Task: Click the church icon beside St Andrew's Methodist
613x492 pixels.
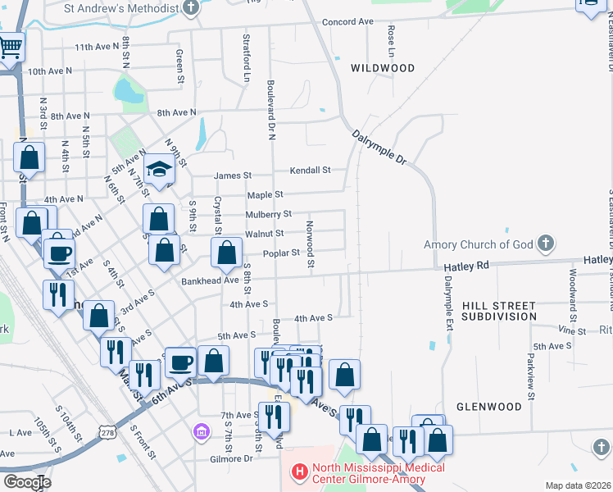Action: pyautogui.click(x=192, y=8)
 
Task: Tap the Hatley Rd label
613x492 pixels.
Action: pyautogui.click(x=466, y=266)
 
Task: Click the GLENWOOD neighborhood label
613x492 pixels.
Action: pyautogui.click(x=488, y=406)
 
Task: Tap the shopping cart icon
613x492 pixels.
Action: pyautogui.click(x=11, y=47)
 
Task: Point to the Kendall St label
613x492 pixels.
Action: pyautogui.click(x=310, y=171)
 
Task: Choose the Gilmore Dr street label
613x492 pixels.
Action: pyautogui.click(x=231, y=458)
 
